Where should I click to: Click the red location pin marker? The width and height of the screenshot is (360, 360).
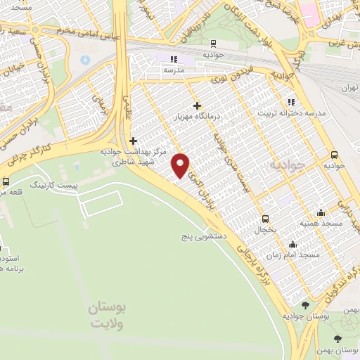click(x=181, y=165)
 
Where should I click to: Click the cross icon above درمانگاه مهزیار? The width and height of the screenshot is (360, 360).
click(x=197, y=105)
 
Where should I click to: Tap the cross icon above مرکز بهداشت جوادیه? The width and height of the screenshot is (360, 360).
click(x=133, y=140)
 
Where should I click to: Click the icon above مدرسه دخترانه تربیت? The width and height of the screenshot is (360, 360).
click(x=291, y=103)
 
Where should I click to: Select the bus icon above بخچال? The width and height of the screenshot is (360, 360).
click(x=265, y=218)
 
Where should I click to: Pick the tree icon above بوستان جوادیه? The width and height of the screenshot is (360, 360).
click(x=305, y=304)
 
